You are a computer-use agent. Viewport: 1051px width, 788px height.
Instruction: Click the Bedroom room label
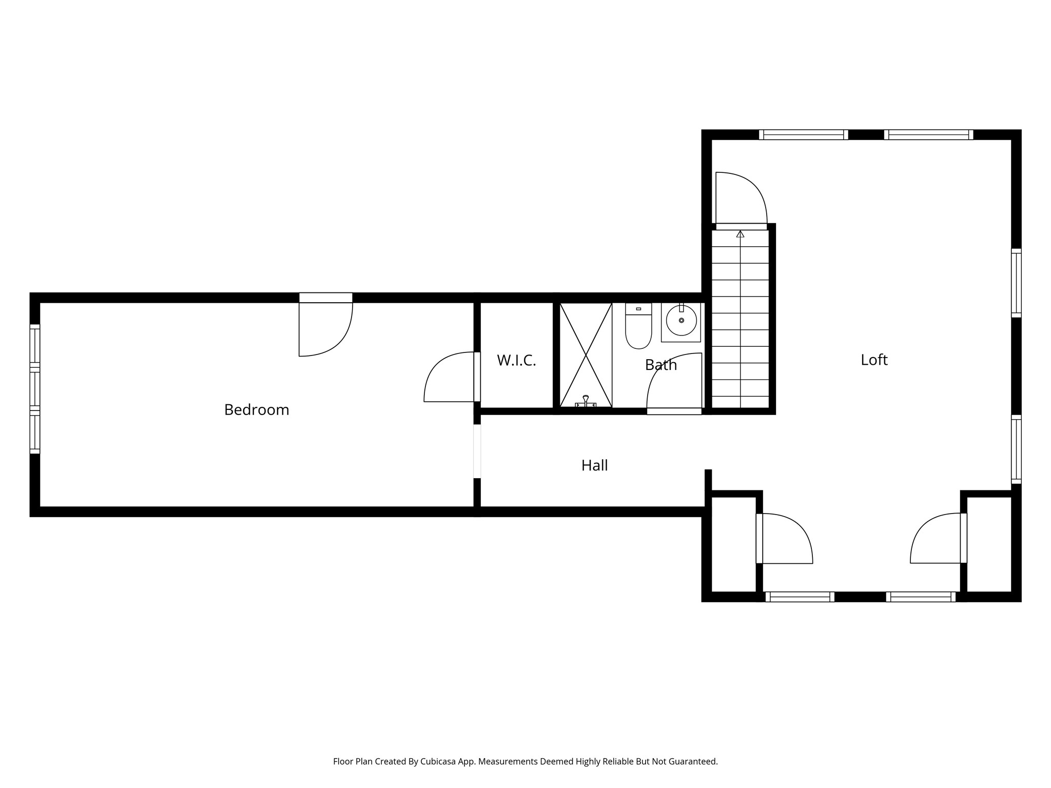(x=257, y=410)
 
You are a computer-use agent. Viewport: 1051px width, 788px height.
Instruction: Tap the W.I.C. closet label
(x=516, y=360)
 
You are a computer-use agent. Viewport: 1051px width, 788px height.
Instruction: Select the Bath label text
(x=660, y=365)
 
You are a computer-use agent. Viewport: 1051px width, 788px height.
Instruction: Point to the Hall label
(x=594, y=465)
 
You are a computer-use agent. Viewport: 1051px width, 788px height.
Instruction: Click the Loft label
(x=873, y=360)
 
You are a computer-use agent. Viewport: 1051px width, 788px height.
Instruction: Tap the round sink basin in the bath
(x=681, y=321)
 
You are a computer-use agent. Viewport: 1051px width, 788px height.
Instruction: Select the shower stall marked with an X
(x=586, y=354)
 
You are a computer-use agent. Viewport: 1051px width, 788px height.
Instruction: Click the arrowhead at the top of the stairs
(x=740, y=234)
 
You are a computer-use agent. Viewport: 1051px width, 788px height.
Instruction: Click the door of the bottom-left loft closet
(x=784, y=539)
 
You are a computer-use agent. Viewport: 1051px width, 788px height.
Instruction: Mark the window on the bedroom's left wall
(x=34, y=389)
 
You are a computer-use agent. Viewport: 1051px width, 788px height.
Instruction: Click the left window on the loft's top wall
(x=803, y=135)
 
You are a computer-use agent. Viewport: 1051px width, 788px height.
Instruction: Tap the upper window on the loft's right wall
(x=1016, y=283)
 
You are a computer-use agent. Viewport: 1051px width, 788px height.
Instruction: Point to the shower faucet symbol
(x=586, y=402)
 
